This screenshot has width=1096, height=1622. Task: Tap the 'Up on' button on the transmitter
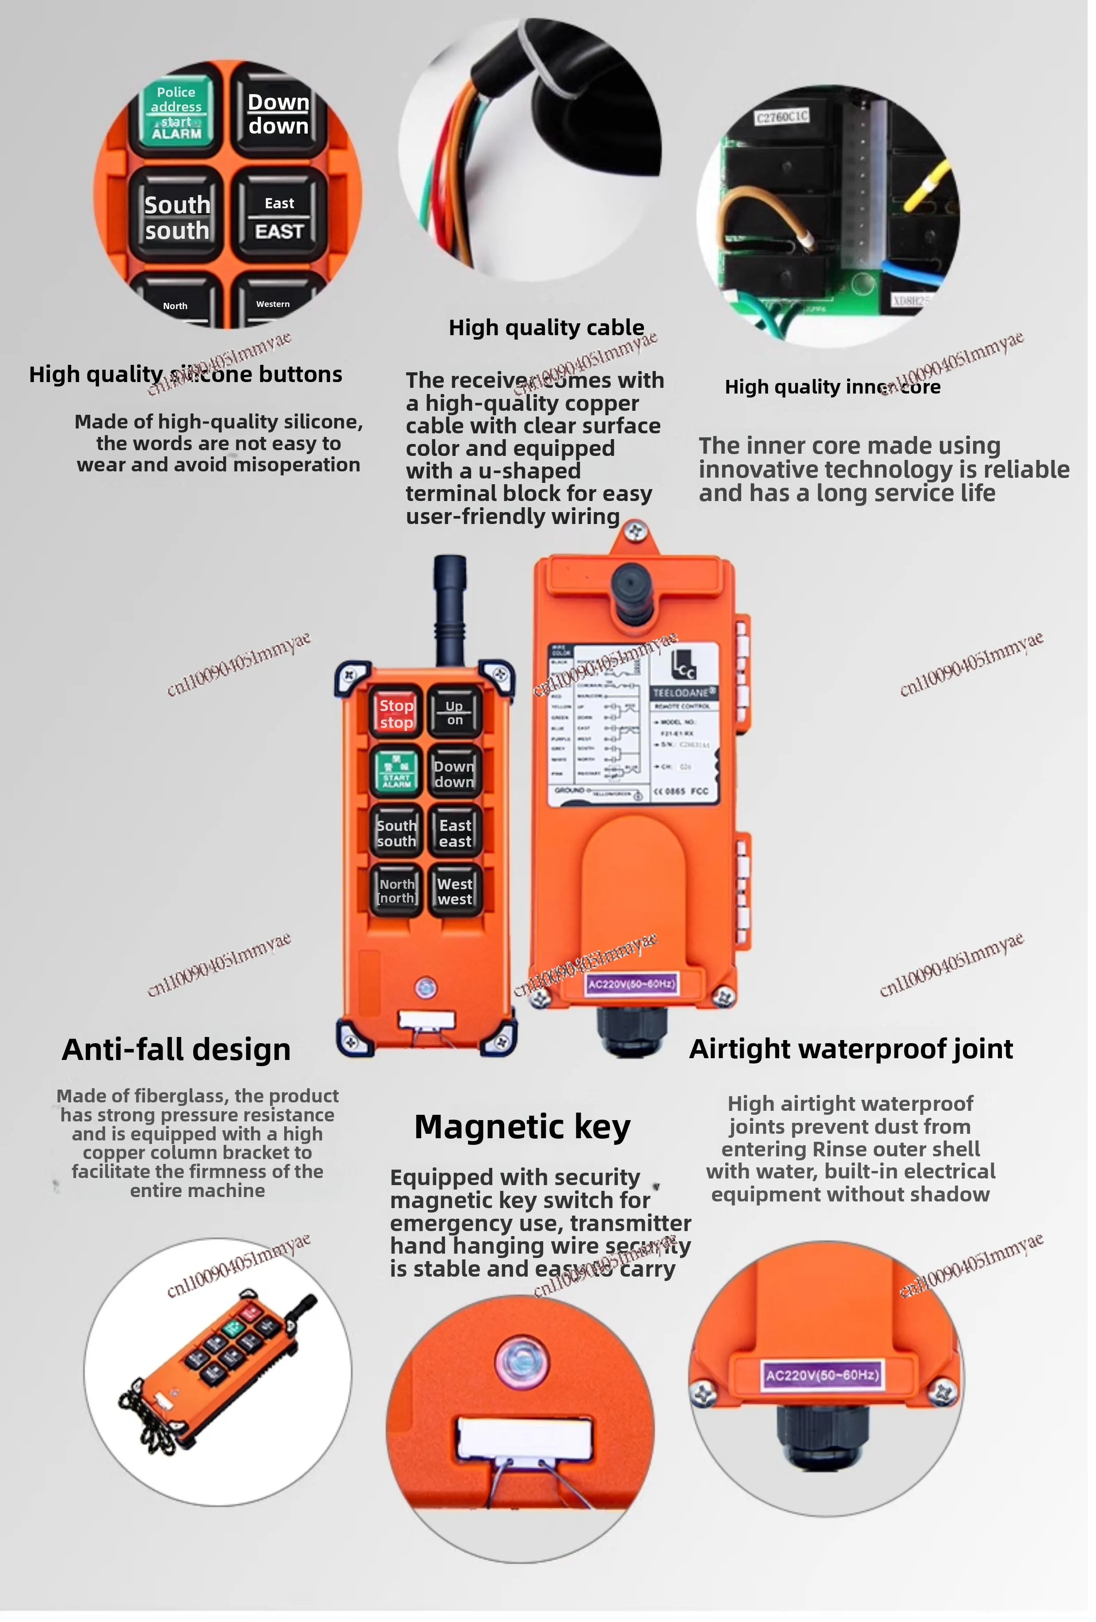click(x=455, y=712)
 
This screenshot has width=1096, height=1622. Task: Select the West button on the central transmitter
click(x=455, y=891)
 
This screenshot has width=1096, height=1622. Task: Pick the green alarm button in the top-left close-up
click(x=176, y=112)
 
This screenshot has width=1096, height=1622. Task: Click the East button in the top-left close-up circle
click(x=279, y=218)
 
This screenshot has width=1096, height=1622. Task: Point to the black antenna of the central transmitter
click(x=449, y=607)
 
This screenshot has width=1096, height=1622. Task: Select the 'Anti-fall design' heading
click(x=176, y=1049)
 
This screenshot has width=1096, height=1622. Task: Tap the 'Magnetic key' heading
click(x=522, y=1126)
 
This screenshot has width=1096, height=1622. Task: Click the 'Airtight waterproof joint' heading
click(x=850, y=1048)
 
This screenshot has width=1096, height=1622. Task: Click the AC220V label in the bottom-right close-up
click(x=821, y=1375)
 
